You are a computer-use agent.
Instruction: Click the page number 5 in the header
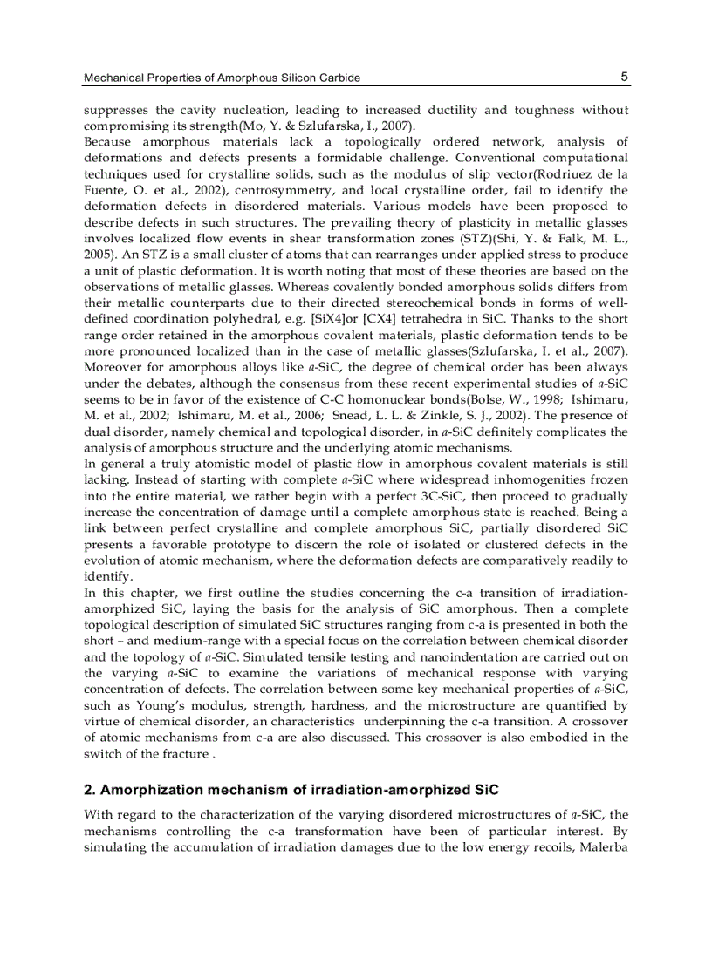624,77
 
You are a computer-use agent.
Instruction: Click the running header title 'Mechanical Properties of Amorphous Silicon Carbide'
222,78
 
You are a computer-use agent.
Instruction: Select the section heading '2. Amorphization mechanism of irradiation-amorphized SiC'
291,791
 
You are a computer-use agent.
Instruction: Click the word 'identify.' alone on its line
109,576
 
